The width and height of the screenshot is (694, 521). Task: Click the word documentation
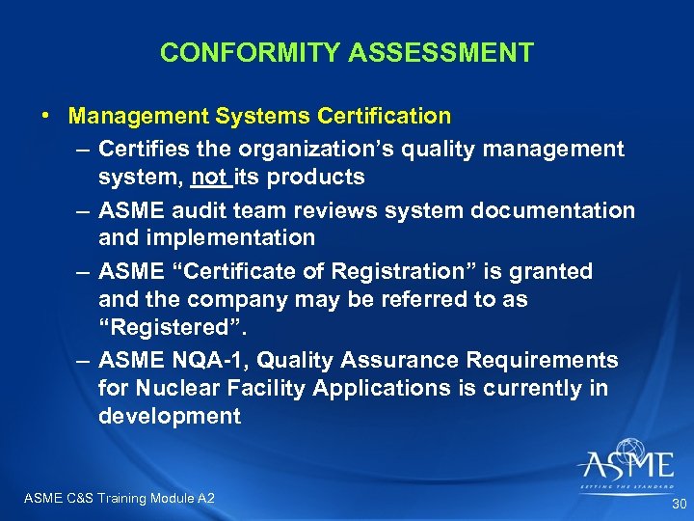click(546, 210)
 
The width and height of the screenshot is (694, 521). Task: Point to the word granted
click(553, 272)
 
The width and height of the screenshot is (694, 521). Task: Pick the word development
click(169, 416)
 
